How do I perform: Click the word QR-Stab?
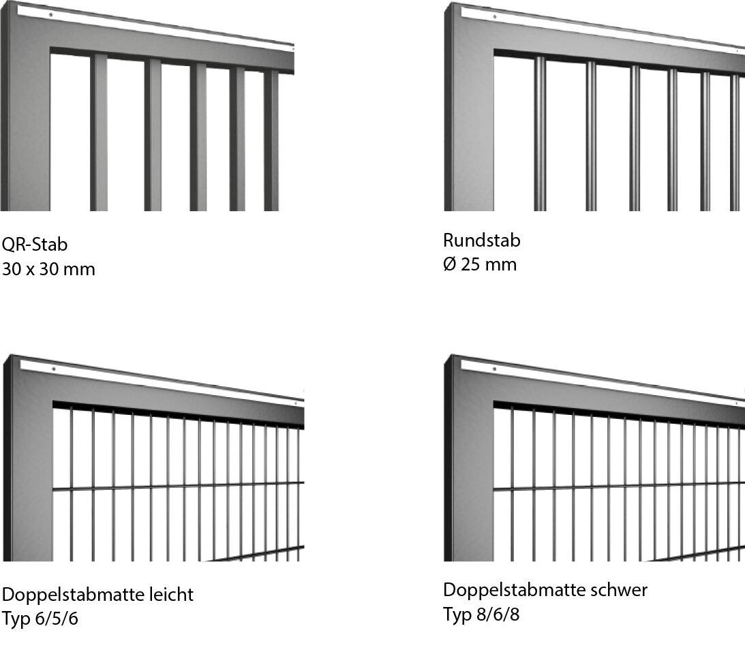(35, 245)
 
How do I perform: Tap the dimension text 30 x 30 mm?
(48, 269)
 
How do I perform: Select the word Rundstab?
(482, 240)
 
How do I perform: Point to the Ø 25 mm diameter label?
(480, 264)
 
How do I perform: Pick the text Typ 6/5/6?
(40, 619)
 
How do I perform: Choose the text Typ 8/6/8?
(481, 614)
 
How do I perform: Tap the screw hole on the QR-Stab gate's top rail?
(51, 15)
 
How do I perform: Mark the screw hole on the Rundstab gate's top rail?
(495, 16)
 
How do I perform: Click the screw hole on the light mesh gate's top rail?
(54, 369)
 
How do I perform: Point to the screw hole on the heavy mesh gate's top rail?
(495, 369)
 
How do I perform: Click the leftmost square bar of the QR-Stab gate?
(99, 132)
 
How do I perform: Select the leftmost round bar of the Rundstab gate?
(540, 134)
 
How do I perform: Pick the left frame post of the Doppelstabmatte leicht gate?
(27, 461)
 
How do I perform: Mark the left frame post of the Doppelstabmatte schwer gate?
(468, 461)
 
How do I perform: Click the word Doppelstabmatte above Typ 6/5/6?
(73, 595)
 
